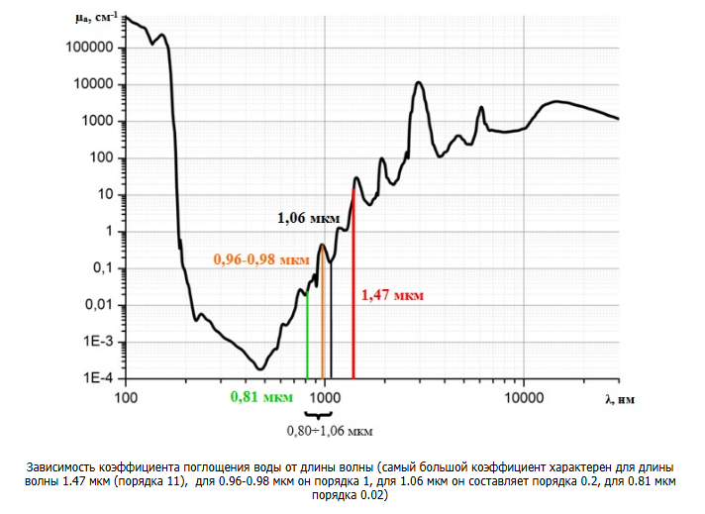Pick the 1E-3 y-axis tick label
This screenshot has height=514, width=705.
101,343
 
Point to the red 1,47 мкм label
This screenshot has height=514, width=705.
392,295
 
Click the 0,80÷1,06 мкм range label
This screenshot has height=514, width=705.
330,431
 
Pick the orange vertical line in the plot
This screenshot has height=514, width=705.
323,317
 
